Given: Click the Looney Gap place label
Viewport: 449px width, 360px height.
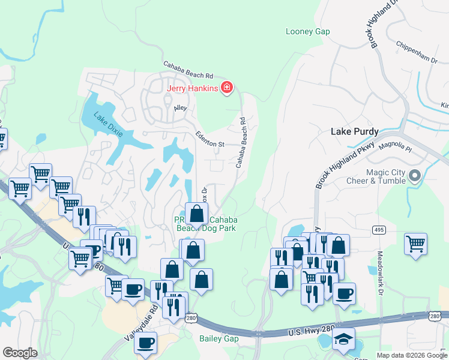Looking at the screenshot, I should (x=308, y=31).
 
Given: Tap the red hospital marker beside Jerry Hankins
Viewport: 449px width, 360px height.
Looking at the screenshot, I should (x=227, y=89).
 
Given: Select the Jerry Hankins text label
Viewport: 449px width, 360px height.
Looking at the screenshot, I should (x=192, y=89).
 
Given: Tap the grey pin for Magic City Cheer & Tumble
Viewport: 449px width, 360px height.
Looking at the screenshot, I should (x=414, y=176).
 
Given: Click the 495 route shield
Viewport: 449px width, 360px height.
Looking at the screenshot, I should (x=378, y=229).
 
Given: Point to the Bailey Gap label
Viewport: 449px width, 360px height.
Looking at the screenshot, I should (x=219, y=339).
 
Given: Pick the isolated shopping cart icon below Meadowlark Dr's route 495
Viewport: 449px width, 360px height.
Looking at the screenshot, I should (x=415, y=244).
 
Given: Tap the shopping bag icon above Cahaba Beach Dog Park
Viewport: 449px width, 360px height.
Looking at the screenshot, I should (x=196, y=213).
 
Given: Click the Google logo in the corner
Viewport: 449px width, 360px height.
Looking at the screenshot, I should (x=20, y=353).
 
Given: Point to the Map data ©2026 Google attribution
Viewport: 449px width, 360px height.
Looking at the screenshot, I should (x=411, y=355).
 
